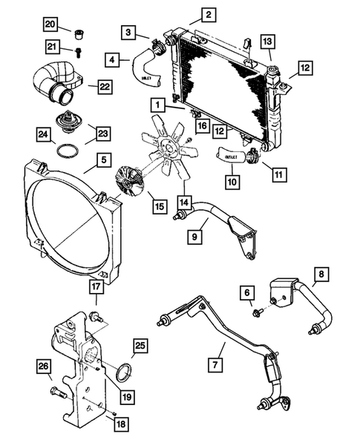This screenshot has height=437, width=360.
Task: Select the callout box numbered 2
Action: pyautogui.click(x=209, y=14)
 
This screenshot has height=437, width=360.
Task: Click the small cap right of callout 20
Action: pyautogui.click(x=79, y=32)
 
